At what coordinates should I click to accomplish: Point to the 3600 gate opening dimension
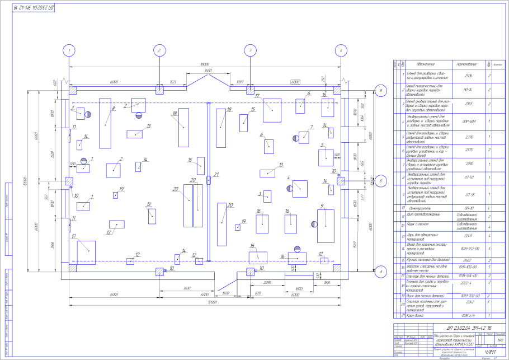tap(208, 71)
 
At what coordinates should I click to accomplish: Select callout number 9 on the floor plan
tap(322, 205)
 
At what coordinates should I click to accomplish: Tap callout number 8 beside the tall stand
tap(114, 108)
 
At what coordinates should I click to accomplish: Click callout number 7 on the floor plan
tap(311, 127)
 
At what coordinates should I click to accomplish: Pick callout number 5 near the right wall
tap(322, 145)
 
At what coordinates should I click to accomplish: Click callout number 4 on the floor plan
tap(289, 179)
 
